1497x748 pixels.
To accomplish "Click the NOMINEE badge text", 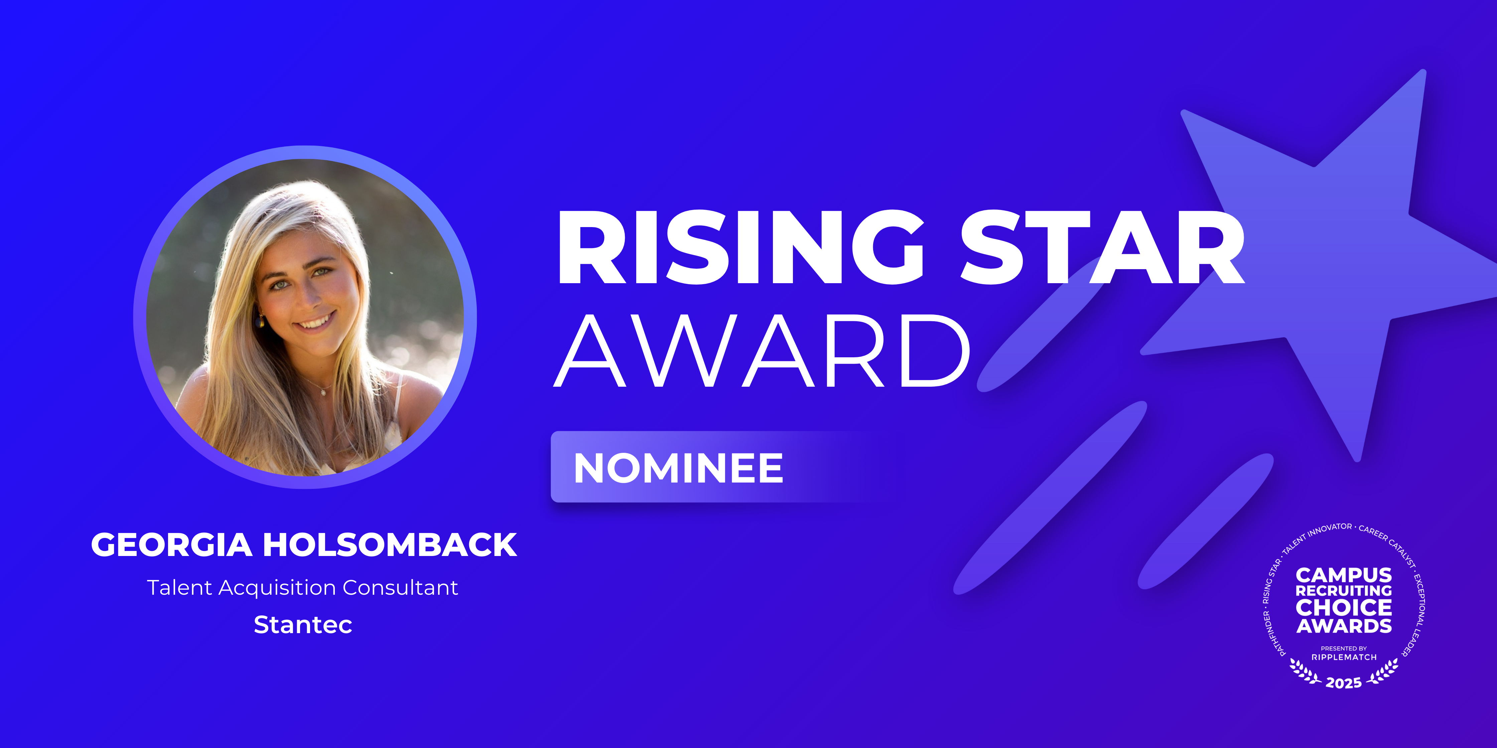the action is click(x=678, y=468).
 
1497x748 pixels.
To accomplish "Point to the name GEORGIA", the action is click(x=171, y=545).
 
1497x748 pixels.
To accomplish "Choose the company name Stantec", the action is click(x=303, y=625).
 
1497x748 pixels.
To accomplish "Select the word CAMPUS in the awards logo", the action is click(x=1344, y=575).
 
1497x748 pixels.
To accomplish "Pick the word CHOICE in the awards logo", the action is click(x=1344, y=607).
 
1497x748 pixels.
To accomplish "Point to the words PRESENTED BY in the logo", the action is click(x=1344, y=648).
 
